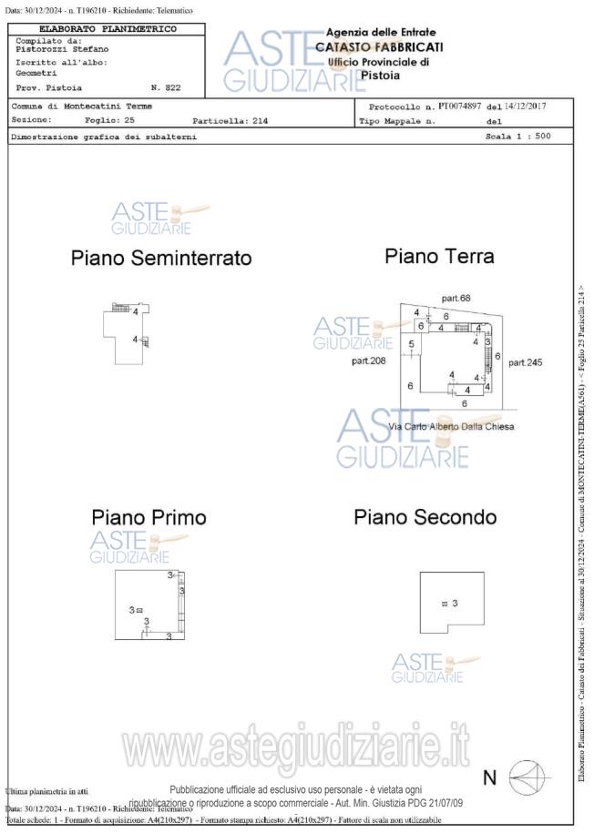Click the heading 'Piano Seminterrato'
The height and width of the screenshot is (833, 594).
click(x=161, y=259)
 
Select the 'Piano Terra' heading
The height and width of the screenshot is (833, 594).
click(x=439, y=257)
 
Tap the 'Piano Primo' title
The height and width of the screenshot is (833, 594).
click(x=148, y=517)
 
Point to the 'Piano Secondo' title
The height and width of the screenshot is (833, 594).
click(x=425, y=518)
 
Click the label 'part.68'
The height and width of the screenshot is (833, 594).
click(x=456, y=299)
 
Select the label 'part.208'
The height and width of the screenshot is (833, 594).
click(x=369, y=361)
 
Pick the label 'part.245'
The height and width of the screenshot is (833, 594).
click(x=525, y=362)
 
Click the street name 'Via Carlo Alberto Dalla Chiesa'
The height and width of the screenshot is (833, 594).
click(x=451, y=427)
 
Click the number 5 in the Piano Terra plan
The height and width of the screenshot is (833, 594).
click(x=412, y=343)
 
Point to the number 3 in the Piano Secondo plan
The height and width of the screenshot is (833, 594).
click(x=454, y=603)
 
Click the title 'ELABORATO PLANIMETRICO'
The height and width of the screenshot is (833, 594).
click(x=108, y=29)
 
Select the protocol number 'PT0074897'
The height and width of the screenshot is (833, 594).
click(x=461, y=107)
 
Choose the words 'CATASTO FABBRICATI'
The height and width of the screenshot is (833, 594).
click(x=379, y=47)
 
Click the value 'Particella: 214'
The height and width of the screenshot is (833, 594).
click(x=230, y=120)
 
